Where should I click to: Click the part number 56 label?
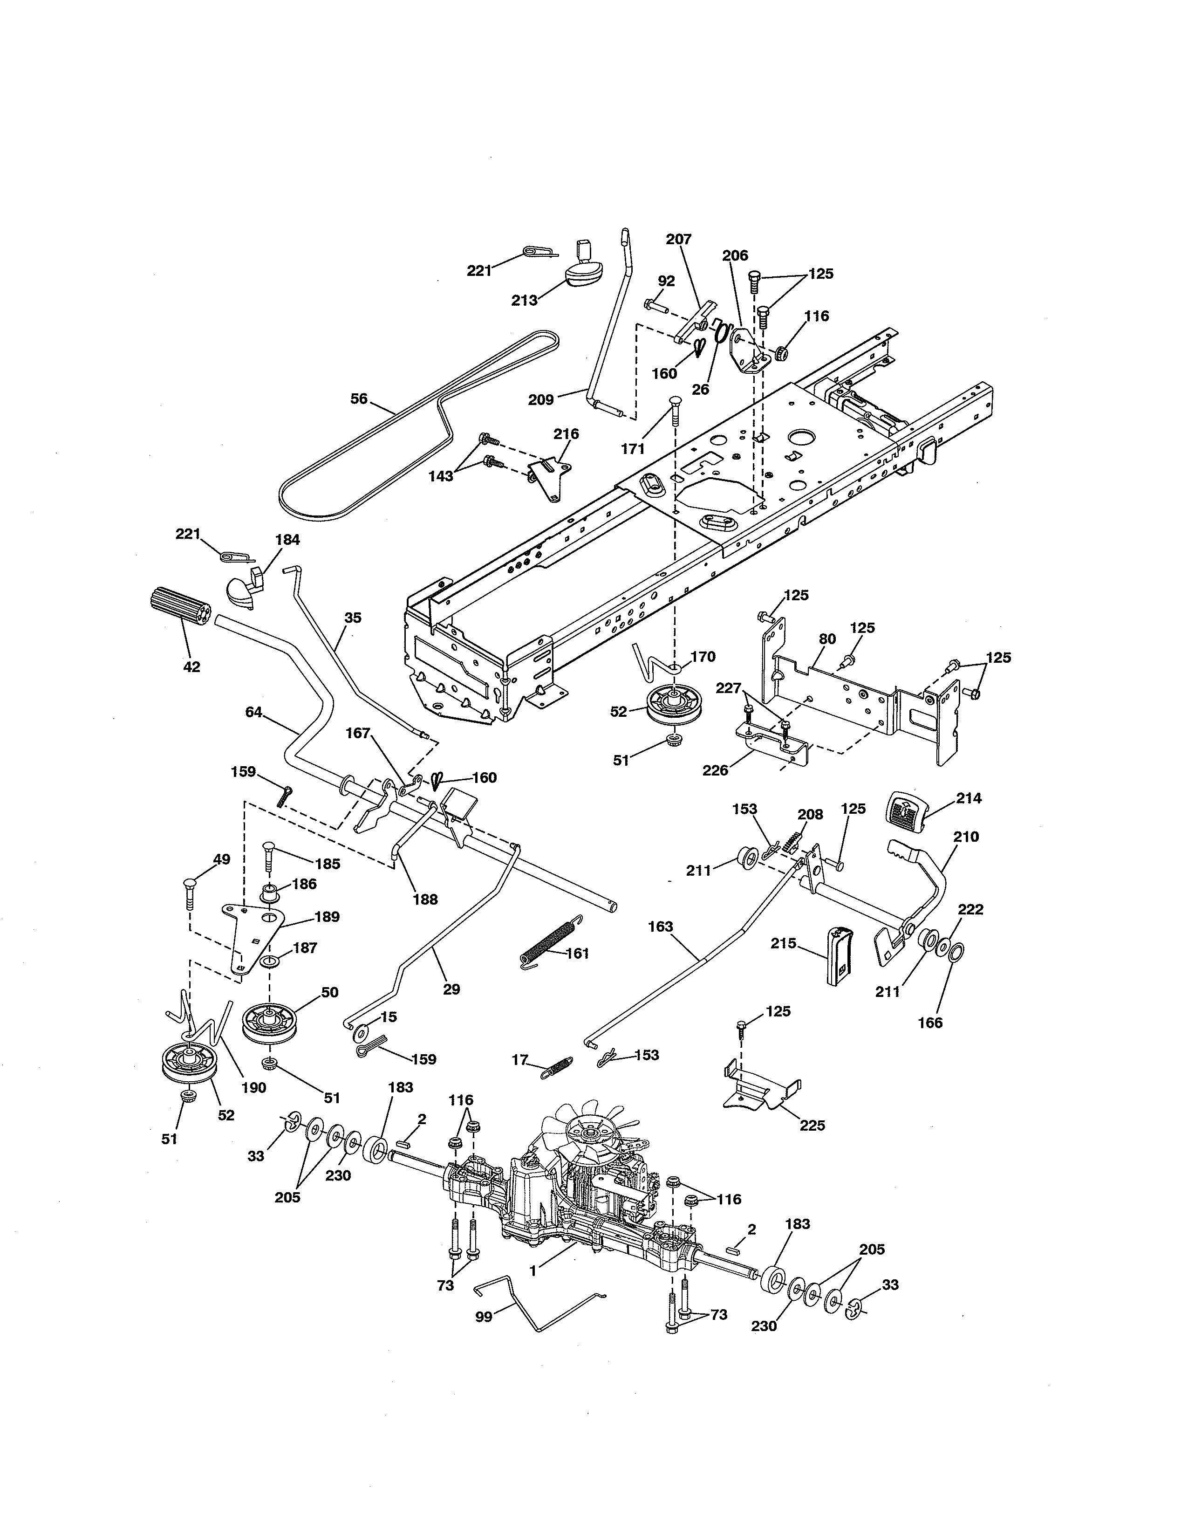pyautogui.click(x=359, y=398)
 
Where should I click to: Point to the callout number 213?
pyautogui.click(x=524, y=300)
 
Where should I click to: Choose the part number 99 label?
pyautogui.click(x=484, y=1316)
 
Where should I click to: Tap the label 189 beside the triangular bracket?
pyautogui.click(x=327, y=916)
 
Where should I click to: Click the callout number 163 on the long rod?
pyautogui.click(x=661, y=926)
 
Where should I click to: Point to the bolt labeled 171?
pyautogui.click(x=674, y=410)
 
